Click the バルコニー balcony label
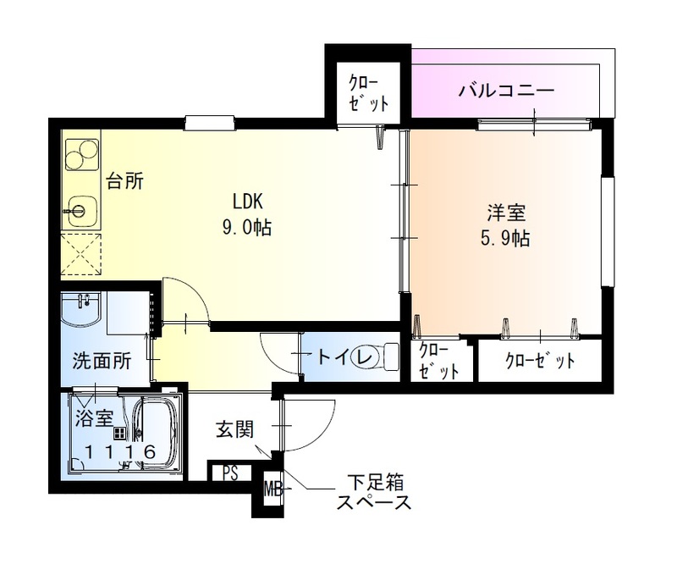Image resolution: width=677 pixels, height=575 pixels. point(507,90)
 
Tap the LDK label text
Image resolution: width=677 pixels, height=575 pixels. point(250,202)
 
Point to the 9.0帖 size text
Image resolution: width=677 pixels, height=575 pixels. point(248,228)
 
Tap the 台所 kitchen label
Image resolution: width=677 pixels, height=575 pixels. point(124,181)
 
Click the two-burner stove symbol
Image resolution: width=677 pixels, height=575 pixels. point(82,154)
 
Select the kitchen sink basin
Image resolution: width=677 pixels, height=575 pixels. point(81,208)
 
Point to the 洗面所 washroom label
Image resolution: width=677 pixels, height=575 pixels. point(101,360)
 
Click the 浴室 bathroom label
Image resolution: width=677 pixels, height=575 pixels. point(92,417)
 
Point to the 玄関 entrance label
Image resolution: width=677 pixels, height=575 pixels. point(234,429)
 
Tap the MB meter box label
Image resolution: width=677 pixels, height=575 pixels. point(272,489)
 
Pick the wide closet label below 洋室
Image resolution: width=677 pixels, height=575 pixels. point(540,361)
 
